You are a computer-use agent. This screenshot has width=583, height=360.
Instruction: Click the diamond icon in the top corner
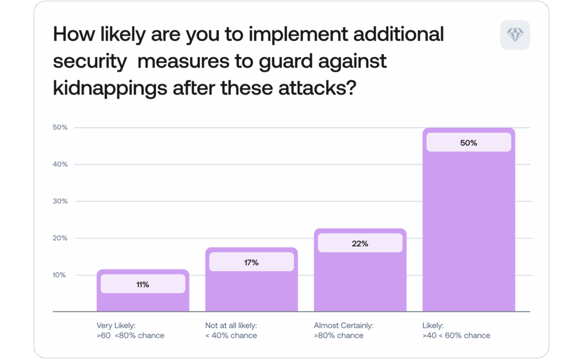click(515, 35)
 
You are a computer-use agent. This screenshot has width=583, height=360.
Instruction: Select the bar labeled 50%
click(469, 228)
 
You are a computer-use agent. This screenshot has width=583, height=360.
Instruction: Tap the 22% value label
click(360, 243)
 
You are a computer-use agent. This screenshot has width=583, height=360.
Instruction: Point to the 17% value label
click(252, 263)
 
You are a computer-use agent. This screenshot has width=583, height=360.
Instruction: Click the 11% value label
click(143, 284)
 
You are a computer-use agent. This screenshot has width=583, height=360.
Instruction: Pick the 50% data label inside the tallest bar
click(469, 143)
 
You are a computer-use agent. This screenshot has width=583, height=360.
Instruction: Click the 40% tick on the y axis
click(60, 164)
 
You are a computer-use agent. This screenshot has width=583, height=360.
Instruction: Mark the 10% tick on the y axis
click(60, 275)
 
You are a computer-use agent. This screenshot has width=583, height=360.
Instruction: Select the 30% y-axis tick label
click(60, 201)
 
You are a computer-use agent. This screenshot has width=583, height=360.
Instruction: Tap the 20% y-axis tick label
click(60, 238)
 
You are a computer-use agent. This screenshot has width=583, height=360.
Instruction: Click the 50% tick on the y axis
click(60, 128)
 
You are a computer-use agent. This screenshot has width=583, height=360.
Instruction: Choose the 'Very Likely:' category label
click(116, 326)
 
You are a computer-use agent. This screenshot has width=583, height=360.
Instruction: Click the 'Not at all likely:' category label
click(231, 326)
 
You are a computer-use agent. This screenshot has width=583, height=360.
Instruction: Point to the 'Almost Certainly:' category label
click(343, 326)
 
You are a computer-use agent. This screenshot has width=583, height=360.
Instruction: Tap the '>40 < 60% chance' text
click(456, 336)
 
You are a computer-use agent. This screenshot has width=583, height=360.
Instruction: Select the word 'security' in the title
click(90, 62)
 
